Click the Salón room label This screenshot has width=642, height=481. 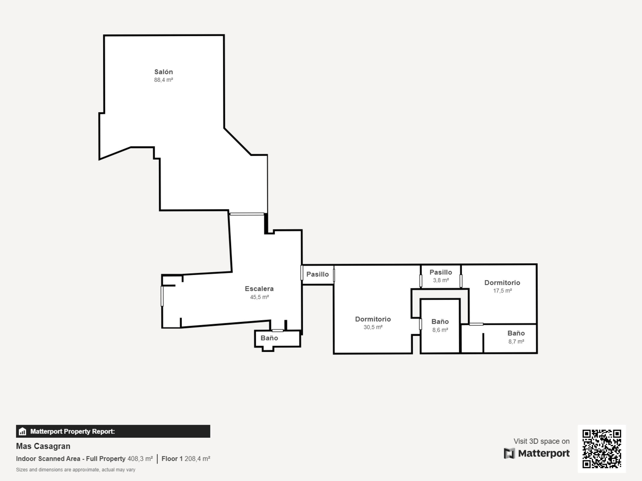[163, 72]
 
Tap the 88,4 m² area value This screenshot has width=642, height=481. [163, 80]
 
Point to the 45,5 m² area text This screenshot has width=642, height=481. [259, 297]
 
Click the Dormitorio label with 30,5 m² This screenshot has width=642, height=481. [373, 319]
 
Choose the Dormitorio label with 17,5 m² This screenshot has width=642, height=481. [502, 282]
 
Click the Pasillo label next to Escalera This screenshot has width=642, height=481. [318, 274]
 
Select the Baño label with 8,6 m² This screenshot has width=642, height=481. [440, 321]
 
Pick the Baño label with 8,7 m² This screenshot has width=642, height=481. [516, 333]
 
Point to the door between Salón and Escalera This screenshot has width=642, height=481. [247, 214]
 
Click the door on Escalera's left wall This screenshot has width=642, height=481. [162, 296]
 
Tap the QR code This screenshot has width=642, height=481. [602, 449]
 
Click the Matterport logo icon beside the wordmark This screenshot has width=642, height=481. [509, 453]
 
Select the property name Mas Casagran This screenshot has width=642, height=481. [43, 446]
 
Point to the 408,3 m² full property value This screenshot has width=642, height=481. [140, 459]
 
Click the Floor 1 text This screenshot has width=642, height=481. [172, 459]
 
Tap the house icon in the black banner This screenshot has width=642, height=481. [22, 431]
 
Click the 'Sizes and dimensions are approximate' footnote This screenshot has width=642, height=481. [76, 470]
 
